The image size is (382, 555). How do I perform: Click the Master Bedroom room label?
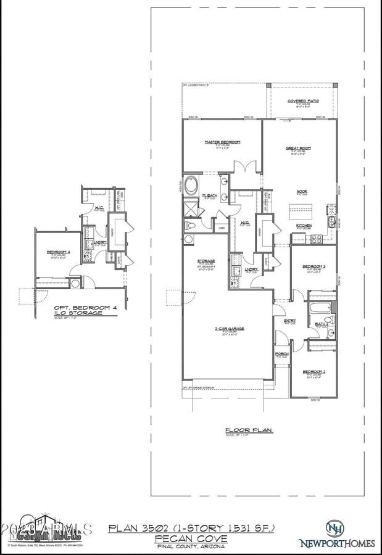(x=222, y=142)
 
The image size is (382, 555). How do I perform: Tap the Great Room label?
(x=298, y=148)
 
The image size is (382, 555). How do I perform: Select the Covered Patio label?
(x=303, y=101)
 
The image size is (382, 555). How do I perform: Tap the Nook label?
(x=302, y=191)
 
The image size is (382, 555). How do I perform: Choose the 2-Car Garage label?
(x=229, y=329)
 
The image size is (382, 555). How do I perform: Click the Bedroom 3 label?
(x=313, y=266)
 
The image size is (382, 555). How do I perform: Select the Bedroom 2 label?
(x=313, y=372)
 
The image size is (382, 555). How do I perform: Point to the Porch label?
(x=281, y=354)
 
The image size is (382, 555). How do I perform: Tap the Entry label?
(x=290, y=321)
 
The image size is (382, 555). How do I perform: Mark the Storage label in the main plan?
(x=206, y=261)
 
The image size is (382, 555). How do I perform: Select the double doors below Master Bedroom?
(x=245, y=166)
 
